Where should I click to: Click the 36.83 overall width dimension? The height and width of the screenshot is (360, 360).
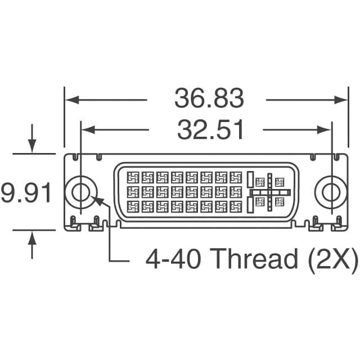[209, 99]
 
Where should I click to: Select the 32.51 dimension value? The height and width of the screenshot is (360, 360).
[210, 130]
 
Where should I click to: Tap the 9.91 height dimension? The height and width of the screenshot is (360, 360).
[26, 192]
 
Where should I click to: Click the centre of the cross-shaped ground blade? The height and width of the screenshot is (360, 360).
[270, 192]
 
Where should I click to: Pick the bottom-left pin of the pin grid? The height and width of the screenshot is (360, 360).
[133, 206]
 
